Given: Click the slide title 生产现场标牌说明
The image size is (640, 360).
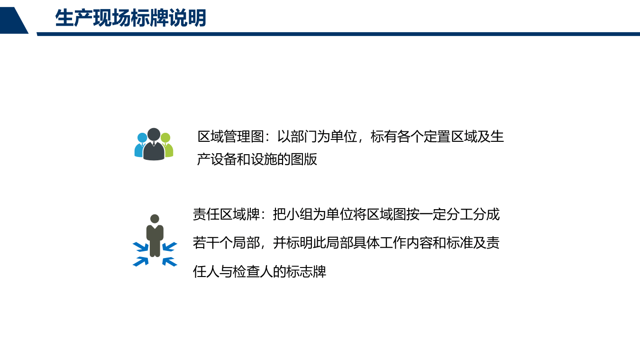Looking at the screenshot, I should tap(131, 18).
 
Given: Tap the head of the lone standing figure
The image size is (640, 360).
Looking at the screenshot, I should tap(155, 219).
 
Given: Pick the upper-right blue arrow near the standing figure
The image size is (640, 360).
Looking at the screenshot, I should tap(169, 247).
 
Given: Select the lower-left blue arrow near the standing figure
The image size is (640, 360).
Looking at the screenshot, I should tap(140, 261).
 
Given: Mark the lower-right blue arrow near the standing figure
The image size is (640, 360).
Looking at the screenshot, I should tap(169, 261).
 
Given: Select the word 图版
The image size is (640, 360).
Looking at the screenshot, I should tap(304, 159).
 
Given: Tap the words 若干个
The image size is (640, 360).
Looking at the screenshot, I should tap(213, 243).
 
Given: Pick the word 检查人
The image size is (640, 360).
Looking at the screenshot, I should tap(254, 272).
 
